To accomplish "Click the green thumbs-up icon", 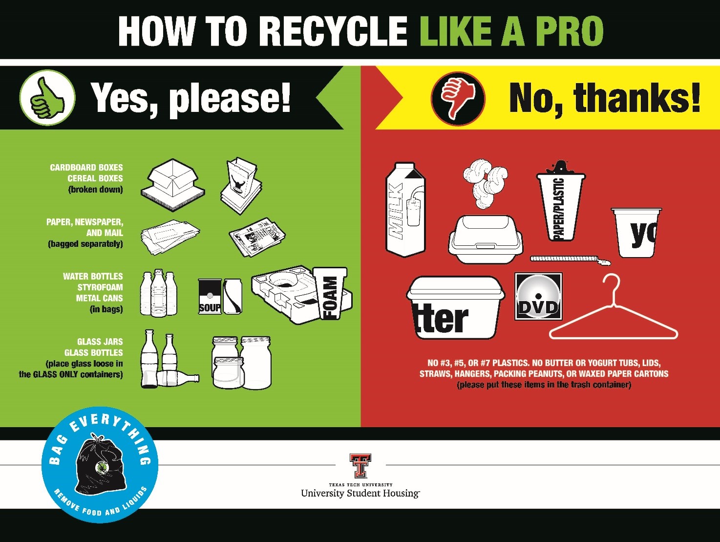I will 47,98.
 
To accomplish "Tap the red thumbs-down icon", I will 458,98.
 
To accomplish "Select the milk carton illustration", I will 405,210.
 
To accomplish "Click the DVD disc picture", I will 538,297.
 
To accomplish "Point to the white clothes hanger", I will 614,313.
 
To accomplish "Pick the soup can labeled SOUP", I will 210,296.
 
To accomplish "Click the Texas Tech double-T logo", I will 360,466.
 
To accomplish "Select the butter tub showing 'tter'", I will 455,308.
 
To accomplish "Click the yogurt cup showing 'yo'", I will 636,233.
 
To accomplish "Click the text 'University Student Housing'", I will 360,493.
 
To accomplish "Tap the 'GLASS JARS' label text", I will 100,342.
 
